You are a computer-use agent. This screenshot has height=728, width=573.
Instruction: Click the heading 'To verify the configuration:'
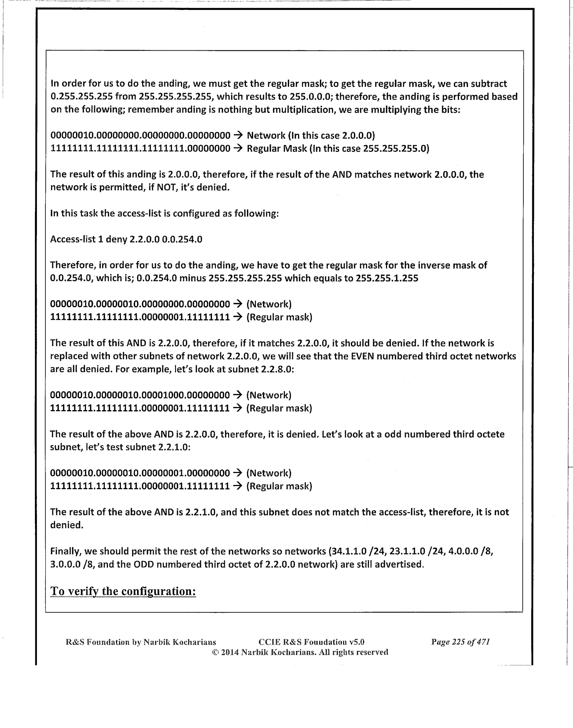click(123, 591)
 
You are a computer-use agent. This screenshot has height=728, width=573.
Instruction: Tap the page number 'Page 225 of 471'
click(460, 642)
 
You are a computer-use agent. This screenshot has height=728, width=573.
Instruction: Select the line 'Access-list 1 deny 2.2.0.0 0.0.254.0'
click(126, 240)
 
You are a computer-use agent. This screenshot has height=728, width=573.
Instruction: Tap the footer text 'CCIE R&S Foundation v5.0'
click(311, 642)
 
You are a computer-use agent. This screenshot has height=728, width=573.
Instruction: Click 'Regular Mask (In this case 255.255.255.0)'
click(338, 149)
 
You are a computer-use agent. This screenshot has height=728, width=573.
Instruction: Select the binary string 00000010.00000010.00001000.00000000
click(140, 395)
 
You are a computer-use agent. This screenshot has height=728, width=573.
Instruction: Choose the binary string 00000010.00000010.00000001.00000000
click(140, 473)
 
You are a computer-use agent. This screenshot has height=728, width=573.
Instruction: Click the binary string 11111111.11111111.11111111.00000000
click(140, 149)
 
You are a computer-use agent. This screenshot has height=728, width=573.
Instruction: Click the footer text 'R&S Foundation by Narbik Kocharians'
click(141, 642)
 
